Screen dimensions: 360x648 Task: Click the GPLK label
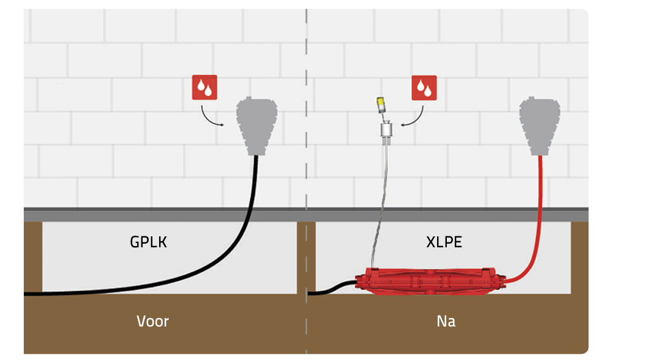click(x=148, y=242)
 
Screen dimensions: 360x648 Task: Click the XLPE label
click(x=444, y=242)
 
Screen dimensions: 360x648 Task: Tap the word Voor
click(x=152, y=321)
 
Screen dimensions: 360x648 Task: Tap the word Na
click(x=446, y=321)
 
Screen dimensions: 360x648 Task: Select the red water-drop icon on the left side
click(x=205, y=88)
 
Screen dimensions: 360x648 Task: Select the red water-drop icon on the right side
click(x=424, y=88)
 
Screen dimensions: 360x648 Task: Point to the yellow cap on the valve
click(x=381, y=104)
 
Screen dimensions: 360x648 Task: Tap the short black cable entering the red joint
click(x=332, y=288)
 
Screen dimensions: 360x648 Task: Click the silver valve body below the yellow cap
click(x=385, y=130)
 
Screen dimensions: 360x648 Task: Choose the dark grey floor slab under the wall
click(x=152, y=215)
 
